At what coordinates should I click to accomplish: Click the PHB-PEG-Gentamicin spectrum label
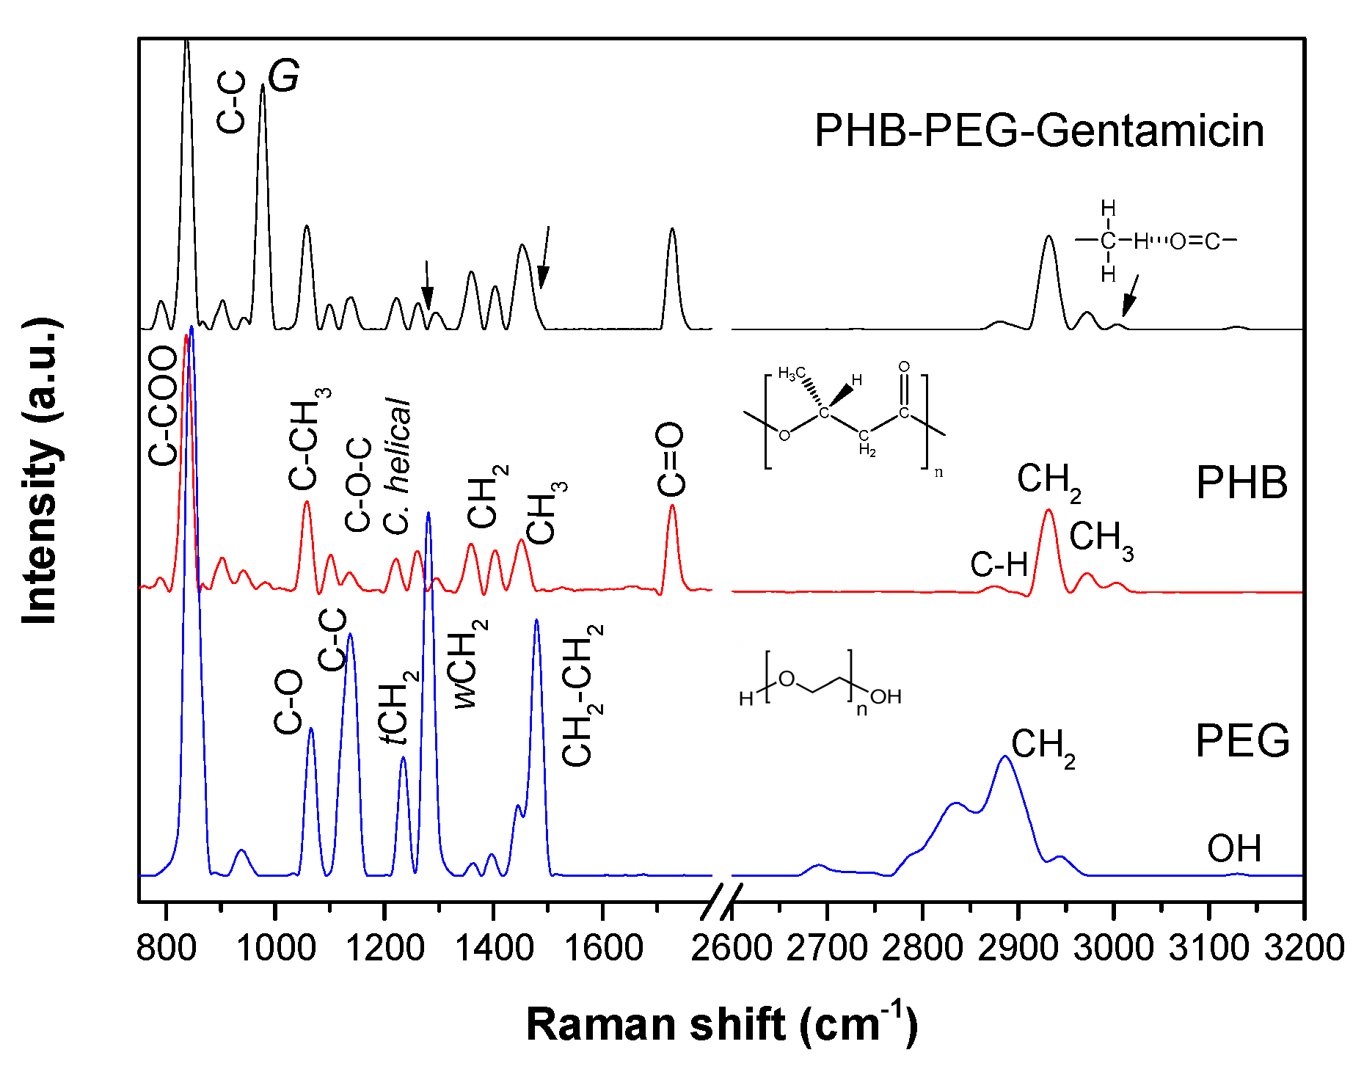pos(1039,131)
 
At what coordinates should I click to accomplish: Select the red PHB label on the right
pos(1241,483)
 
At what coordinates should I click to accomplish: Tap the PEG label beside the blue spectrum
pos(1242,740)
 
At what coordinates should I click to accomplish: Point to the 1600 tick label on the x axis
pos(603,948)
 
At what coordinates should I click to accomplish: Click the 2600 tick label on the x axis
pos(732,948)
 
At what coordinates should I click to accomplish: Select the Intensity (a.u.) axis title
pos(40,470)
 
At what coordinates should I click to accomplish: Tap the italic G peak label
pos(283,76)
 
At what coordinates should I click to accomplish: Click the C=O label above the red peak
pos(671,459)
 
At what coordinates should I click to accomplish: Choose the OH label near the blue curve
pos(1234,849)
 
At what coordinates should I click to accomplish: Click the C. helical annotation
pos(397,466)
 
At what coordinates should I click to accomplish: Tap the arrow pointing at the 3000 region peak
pos(1131,295)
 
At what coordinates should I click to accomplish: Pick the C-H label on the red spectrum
pos(999,565)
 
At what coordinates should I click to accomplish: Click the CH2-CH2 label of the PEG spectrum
pos(583,696)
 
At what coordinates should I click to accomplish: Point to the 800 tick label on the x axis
pos(167,948)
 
